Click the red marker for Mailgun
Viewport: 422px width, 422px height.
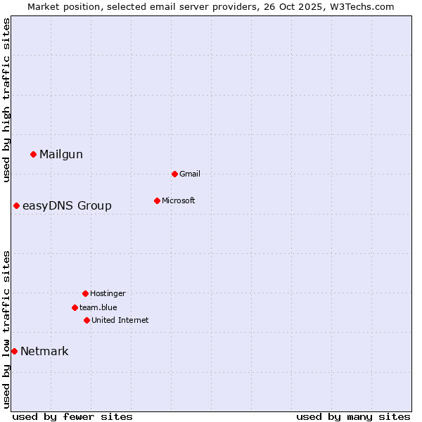[33, 154]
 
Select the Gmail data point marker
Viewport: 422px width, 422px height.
[174, 174]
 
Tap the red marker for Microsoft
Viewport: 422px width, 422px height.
[157, 200]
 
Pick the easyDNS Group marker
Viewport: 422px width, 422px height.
[16, 205]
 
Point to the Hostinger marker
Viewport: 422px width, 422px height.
[85, 293]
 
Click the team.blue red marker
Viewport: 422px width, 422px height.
[75, 307]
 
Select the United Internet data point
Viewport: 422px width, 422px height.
[87, 320]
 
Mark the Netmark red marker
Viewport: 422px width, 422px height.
[14, 351]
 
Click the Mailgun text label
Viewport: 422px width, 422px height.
[61, 155]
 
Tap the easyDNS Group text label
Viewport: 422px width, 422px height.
[67, 206]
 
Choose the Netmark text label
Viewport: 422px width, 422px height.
[44, 352]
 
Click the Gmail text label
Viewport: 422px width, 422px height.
[190, 174]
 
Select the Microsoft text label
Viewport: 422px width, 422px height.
[179, 200]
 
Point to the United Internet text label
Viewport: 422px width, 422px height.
[120, 320]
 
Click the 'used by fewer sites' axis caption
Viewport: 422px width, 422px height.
[72, 416]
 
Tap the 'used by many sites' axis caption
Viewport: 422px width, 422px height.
[353, 416]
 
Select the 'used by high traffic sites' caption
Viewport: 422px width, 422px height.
[6, 100]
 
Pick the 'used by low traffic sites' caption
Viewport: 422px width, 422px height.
[6, 329]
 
